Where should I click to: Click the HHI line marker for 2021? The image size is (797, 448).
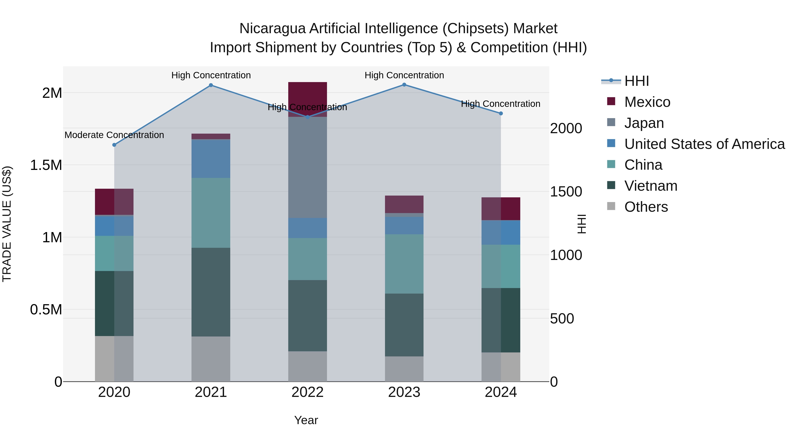point(211,85)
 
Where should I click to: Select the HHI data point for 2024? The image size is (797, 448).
point(501,113)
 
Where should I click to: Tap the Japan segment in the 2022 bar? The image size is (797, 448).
point(307,167)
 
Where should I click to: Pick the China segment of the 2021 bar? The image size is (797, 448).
point(211,213)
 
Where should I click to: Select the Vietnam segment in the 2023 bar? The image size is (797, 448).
point(404,325)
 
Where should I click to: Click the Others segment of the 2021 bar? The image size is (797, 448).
point(211,359)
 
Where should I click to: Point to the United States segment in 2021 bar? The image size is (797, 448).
point(211,159)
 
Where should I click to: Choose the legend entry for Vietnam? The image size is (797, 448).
point(651,186)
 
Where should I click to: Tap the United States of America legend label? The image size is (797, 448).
point(704,144)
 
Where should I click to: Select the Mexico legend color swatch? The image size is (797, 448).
point(611,101)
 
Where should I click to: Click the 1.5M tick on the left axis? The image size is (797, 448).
point(46,165)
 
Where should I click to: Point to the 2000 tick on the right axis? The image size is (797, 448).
point(566,128)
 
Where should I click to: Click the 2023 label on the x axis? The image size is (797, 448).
point(404,392)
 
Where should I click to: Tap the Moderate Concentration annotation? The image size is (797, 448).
point(114,135)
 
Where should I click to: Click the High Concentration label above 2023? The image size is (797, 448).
point(404,75)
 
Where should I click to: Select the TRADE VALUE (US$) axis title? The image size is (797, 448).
point(7,224)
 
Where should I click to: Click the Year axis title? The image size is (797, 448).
point(306,420)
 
